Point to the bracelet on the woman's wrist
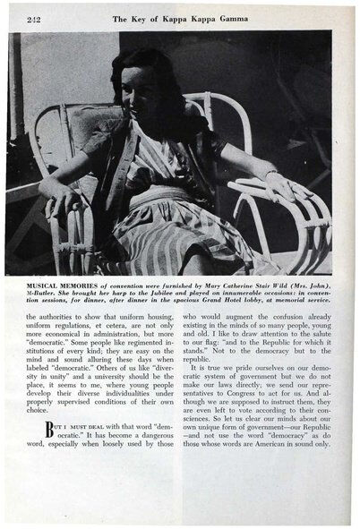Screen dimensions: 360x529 (270, 173)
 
